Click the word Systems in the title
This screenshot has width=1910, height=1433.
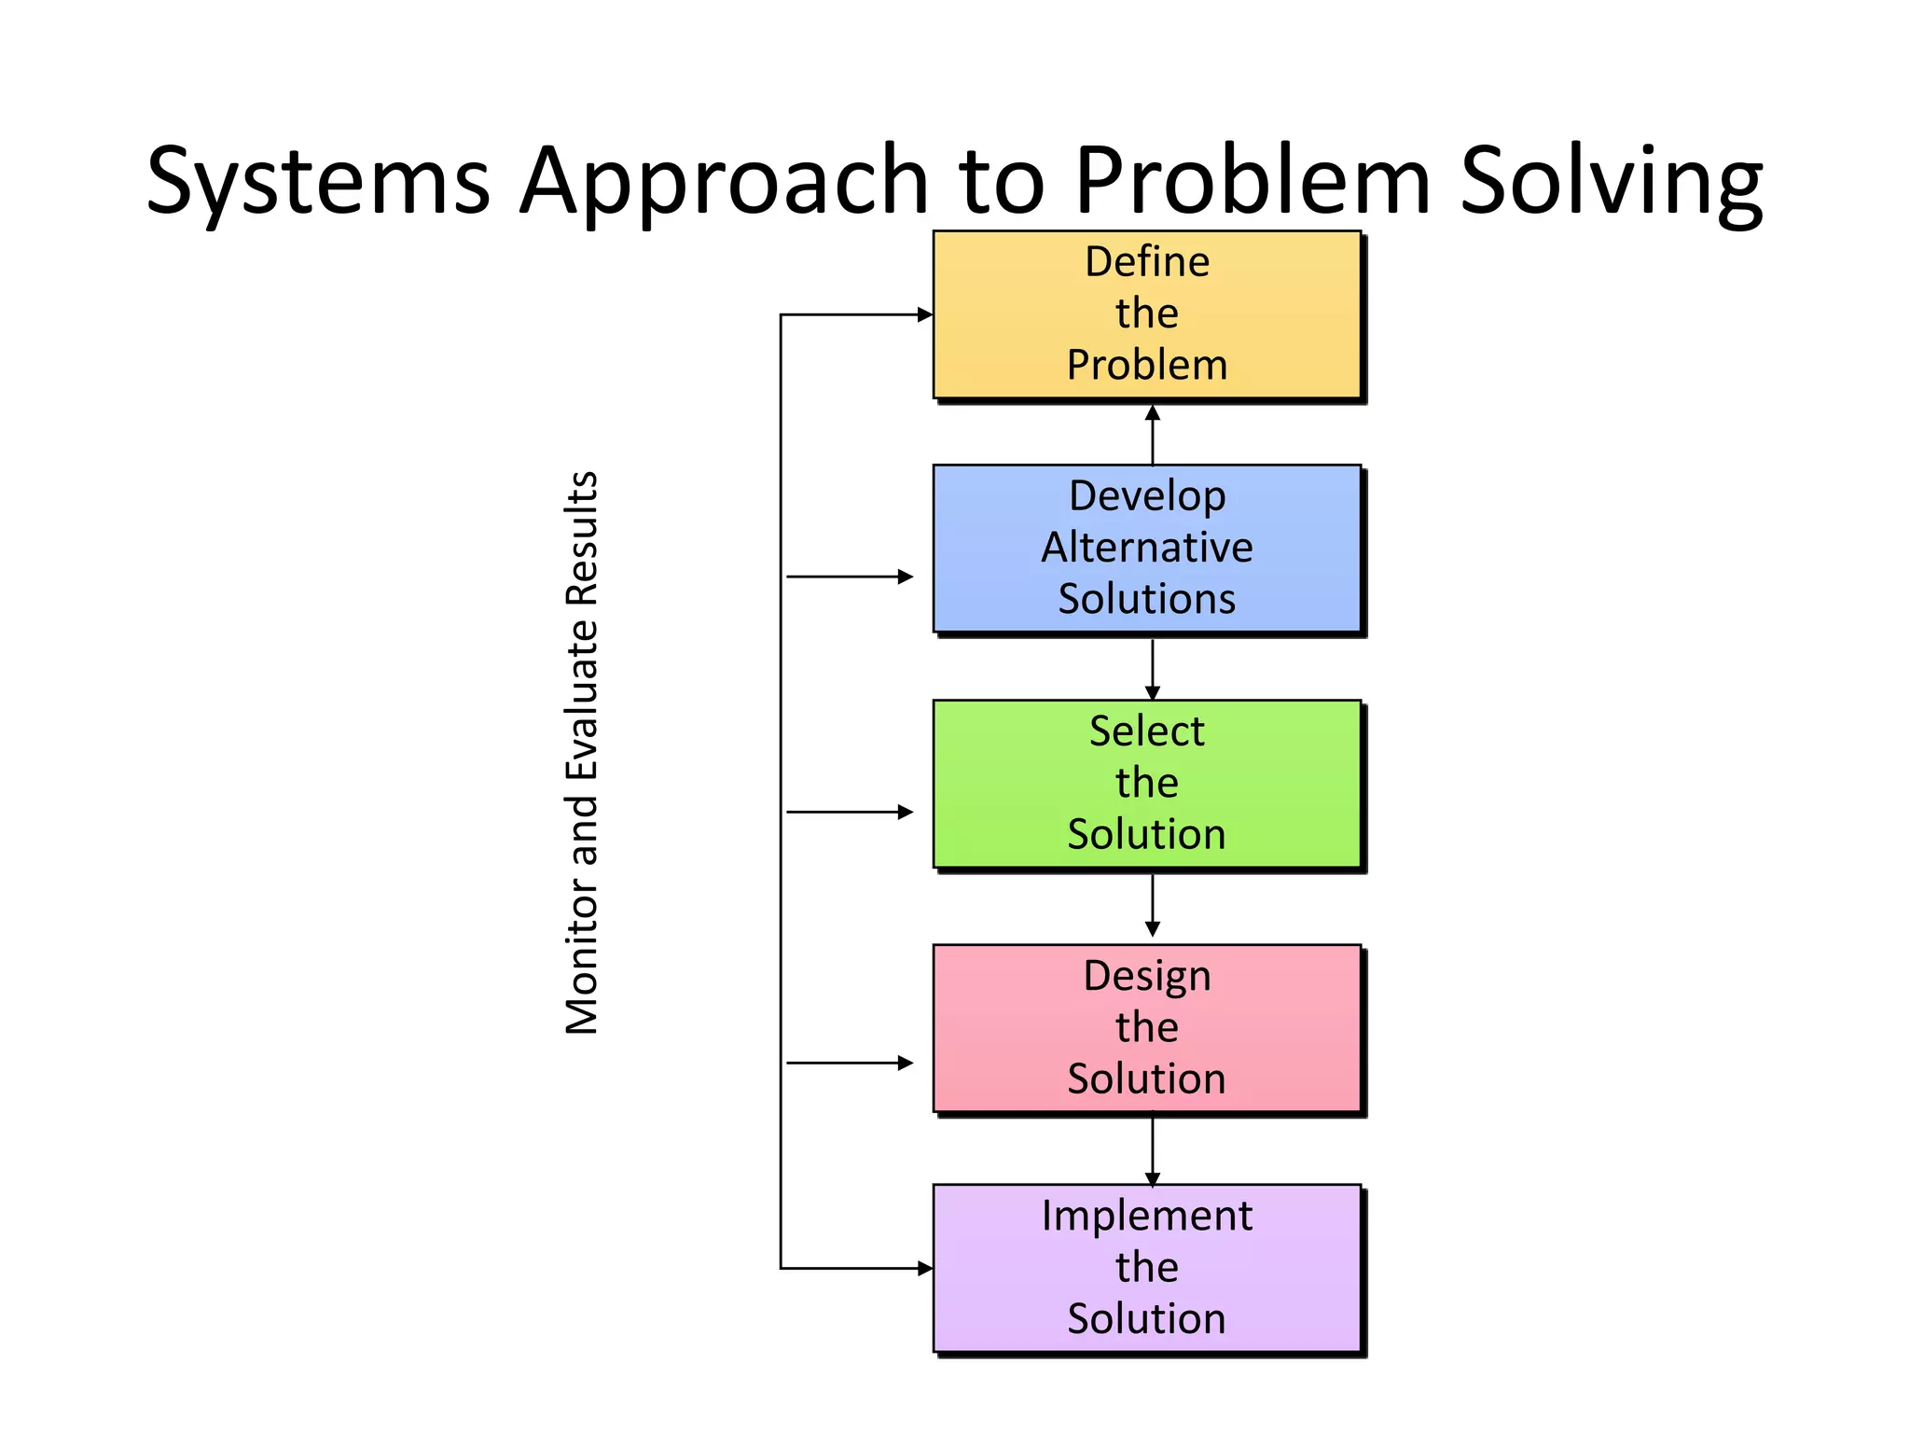coord(318,182)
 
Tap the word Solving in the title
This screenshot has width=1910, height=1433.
coord(1611,182)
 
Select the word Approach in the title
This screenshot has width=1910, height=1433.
coord(724,182)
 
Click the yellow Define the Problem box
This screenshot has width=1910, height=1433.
coord(1147,314)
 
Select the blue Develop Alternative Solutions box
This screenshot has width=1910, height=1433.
coord(1147,549)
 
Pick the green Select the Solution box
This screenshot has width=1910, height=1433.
coord(1147,784)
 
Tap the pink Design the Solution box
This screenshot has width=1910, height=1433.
coord(1147,1028)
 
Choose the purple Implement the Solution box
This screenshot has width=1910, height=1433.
coord(1147,1268)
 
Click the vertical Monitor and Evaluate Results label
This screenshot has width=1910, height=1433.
coord(582,753)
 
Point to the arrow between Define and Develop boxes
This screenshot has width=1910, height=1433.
coord(1153,435)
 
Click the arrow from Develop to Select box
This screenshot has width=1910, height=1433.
coord(1153,669)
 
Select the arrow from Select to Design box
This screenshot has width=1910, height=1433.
coord(1153,905)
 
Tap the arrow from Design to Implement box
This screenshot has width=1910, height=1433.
coord(1153,1150)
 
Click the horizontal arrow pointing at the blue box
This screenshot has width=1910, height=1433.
coord(850,577)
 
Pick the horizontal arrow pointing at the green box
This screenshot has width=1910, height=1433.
coord(850,812)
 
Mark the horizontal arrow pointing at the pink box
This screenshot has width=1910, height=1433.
coord(850,1063)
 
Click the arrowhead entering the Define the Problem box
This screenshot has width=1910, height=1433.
coord(924,314)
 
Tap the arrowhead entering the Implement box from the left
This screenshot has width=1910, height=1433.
coord(924,1268)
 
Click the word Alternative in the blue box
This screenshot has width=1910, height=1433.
coord(1147,548)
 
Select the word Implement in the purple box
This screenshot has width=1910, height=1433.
coord(1147,1217)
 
